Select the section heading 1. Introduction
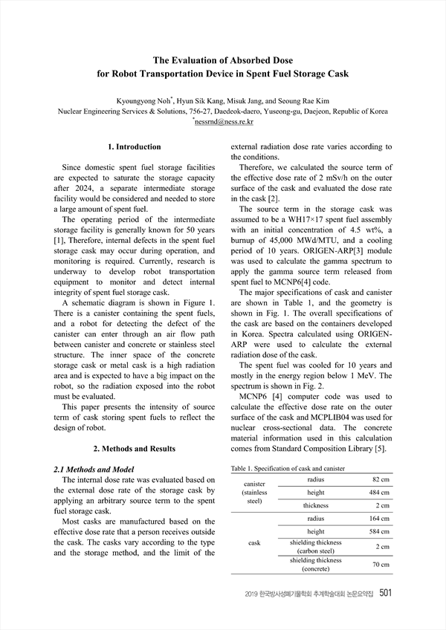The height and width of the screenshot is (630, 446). tap(134, 147)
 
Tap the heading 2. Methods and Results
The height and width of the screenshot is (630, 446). tap(134, 449)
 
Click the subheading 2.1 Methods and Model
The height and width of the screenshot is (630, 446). tap(94, 470)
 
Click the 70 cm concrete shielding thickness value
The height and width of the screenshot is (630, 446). tap(380, 565)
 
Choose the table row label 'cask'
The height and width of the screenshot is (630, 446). tap(254, 543)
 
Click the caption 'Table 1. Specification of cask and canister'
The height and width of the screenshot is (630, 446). tap(288, 469)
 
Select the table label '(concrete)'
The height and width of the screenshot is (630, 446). tap(316, 569)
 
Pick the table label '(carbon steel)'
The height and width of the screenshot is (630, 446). tap(316, 551)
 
